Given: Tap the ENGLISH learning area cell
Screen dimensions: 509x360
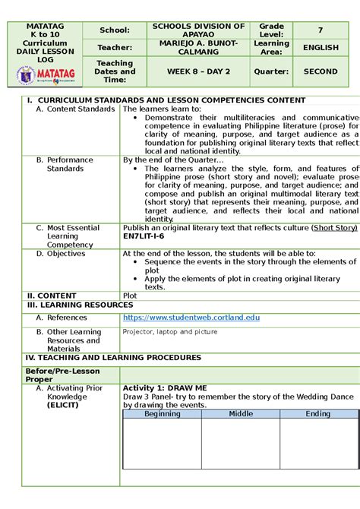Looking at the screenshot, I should pos(321,48).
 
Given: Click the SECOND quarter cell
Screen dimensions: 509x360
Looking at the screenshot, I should pos(321,71).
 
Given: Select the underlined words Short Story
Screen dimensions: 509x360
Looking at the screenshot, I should pos(335,227).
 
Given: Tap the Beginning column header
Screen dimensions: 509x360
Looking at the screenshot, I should pos(163,414).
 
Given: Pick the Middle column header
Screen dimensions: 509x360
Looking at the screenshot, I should pos(241,414).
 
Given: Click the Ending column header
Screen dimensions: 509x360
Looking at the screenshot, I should pos(318,414).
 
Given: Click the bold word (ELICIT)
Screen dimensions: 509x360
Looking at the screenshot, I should pos(68,405).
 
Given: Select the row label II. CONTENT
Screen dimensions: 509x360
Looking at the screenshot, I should pos(52,296).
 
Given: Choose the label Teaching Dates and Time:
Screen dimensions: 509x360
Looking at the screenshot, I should pos(115,71).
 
